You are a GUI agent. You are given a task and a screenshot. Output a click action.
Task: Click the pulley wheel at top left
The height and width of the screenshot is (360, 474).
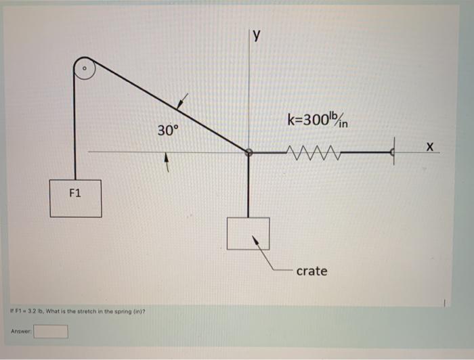point(84,69)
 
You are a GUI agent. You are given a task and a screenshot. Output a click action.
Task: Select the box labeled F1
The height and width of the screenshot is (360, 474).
point(75,198)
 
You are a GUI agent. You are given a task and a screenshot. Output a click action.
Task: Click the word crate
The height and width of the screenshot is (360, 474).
point(311,271)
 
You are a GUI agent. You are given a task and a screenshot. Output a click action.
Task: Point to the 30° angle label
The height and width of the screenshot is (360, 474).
point(167,130)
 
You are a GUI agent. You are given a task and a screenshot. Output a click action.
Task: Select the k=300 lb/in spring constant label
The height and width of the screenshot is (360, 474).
point(318,122)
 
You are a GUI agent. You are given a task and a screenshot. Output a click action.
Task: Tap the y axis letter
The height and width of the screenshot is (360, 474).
point(256,37)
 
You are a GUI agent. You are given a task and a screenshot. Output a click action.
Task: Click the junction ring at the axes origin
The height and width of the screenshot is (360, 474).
point(249,153)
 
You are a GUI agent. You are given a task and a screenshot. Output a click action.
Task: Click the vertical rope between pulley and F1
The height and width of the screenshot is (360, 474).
point(75,129)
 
